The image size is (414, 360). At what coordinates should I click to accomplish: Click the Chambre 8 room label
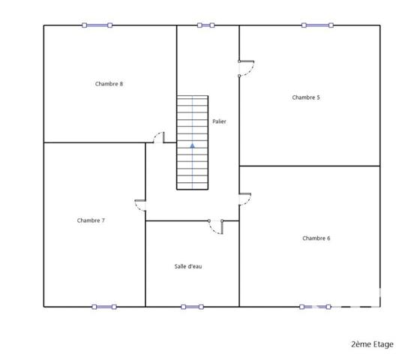tap(109, 84)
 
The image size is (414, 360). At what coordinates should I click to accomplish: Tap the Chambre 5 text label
tap(306, 97)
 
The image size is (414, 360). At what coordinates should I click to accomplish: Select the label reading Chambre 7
tap(91, 220)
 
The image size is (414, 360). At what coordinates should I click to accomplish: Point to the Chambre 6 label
tap(316, 238)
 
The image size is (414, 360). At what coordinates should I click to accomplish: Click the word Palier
tap(219, 121)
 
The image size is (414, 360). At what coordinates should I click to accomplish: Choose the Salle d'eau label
tap(187, 266)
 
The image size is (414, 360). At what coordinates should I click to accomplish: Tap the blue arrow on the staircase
tap(193, 145)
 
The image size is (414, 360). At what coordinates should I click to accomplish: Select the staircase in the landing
tap(193, 142)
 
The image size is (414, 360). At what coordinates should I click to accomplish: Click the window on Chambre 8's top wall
tap(97, 25)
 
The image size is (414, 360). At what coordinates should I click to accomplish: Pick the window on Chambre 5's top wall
tap(316, 25)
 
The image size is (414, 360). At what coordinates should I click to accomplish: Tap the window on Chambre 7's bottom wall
tap(104, 306)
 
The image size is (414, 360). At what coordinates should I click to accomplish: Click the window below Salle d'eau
tap(192, 306)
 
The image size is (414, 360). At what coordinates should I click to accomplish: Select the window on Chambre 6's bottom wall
tap(315, 306)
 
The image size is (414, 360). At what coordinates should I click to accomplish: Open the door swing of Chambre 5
tap(247, 68)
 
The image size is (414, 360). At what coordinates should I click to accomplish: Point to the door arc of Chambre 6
tap(245, 198)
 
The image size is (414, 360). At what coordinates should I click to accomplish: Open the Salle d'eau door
tap(216, 227)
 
